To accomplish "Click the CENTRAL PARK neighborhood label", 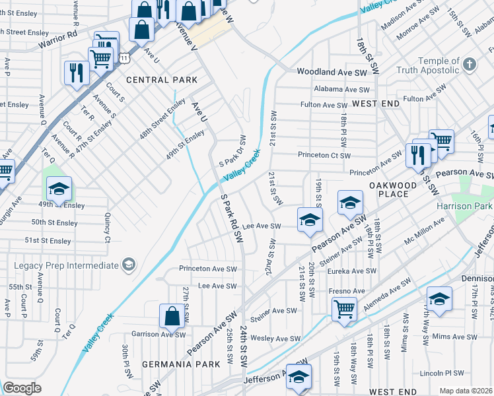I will pos(162,80).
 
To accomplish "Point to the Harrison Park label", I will pos(465,205).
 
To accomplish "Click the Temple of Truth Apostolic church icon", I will pos(469,65).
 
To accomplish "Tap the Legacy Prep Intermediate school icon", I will pos(128,265).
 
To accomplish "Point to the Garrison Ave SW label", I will pos(159,334).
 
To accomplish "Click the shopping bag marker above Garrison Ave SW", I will pos(172,316).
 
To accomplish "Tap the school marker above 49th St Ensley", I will pos(59,190).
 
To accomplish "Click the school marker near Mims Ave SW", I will pos(439,299).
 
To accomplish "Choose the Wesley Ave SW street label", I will pos(276,339).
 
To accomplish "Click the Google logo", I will pos(22,388).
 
